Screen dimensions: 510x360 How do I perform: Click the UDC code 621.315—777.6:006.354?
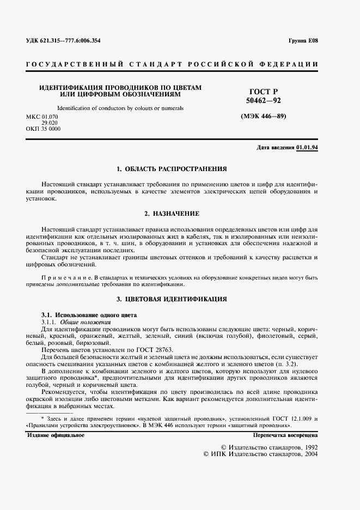[63, 41]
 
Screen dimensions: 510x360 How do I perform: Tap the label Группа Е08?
[303, 41]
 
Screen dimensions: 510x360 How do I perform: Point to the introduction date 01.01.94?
[308, 148]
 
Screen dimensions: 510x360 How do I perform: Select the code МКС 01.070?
[41, 117]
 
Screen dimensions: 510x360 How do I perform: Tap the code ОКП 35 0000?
[43, 129]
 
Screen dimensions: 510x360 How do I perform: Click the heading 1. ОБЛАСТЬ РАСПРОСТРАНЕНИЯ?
[172, 169]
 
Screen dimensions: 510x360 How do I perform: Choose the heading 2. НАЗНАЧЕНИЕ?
[172, 213]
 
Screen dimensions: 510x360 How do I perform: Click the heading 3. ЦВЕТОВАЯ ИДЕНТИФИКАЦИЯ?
[172, 300]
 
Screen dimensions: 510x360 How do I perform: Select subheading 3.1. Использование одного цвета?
[90, 315]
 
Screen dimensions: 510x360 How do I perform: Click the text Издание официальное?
[56, 435]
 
